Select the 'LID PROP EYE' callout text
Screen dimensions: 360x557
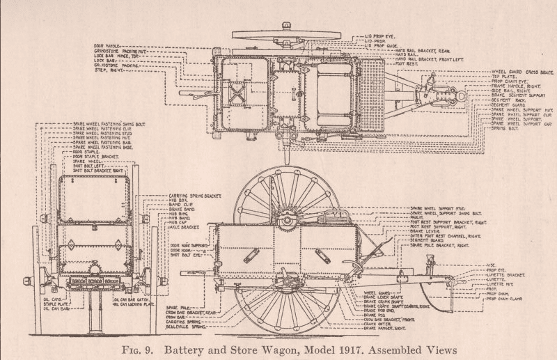[380, 34]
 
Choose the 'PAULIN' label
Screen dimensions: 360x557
[418, 217]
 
